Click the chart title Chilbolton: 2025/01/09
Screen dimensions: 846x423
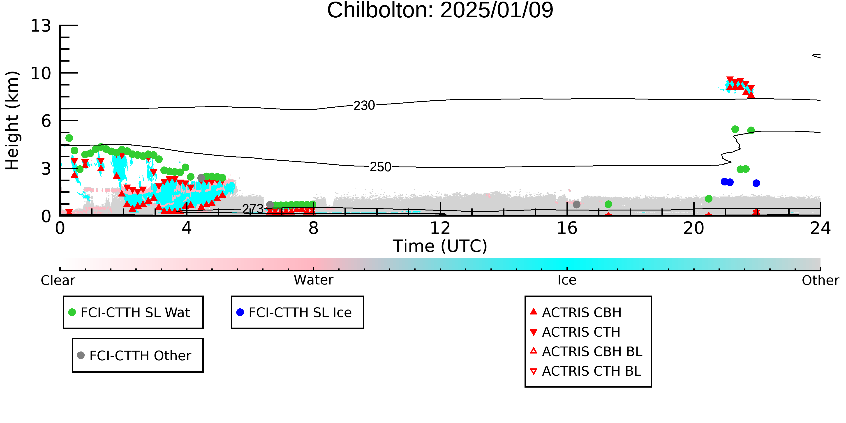tap(440, 11)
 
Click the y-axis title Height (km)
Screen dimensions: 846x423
tap(12, 120)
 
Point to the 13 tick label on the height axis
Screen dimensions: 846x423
tap(41, 26)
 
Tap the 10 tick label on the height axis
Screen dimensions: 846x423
tap(41, 73)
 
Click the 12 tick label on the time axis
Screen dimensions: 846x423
tap(440, 228)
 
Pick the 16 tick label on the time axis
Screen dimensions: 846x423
tap(567, 228)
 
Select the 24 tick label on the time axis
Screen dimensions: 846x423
tap(820, 228)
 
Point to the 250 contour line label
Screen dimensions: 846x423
tap(381, 167)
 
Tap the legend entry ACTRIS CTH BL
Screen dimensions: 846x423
tap(586, 371)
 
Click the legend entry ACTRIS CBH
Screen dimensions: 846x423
tap(576, 312)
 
